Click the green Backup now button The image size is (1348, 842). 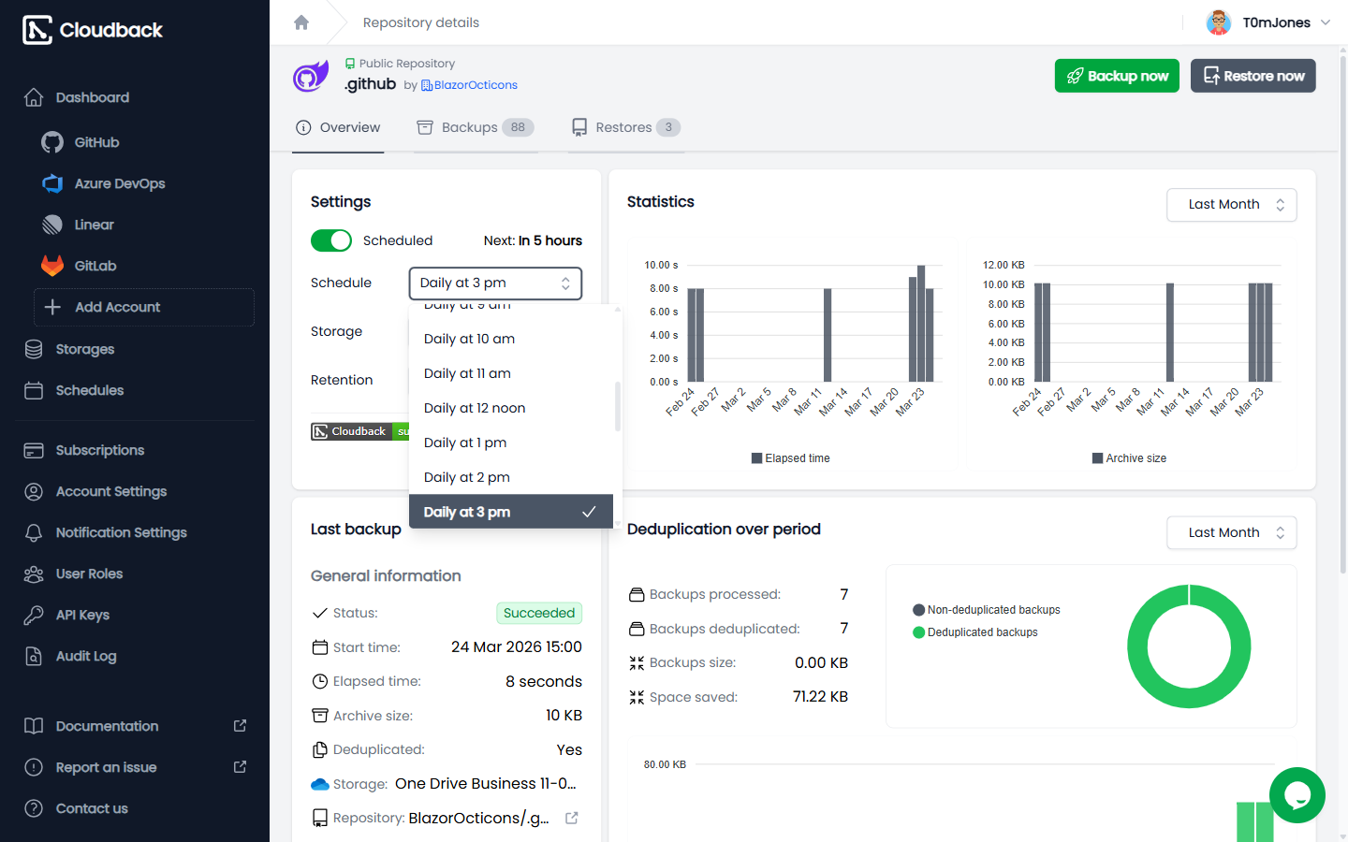1116,76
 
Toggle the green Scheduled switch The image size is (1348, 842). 331,240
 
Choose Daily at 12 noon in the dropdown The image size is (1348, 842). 475,408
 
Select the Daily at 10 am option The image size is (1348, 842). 469,339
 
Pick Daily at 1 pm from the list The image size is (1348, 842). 465,443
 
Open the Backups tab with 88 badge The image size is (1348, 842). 475,127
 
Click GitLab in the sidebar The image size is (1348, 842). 95,266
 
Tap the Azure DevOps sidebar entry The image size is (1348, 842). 119,183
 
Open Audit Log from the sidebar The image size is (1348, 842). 86,656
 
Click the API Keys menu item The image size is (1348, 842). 82,615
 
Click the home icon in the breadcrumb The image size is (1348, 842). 301,22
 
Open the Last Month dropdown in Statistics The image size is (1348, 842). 1231,205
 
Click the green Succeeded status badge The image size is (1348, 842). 538,613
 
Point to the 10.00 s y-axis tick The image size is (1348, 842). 661,266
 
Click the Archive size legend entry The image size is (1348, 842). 1129,458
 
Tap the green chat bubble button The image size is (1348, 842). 1297,795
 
